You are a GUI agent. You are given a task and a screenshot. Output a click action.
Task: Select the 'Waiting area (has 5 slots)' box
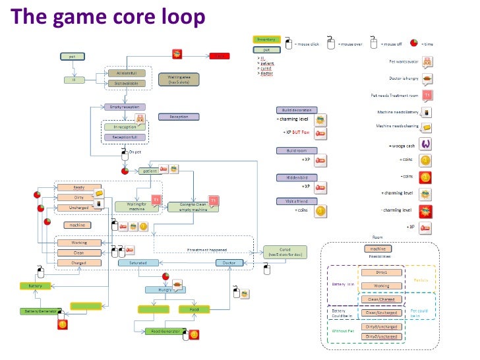[x=179, y=80]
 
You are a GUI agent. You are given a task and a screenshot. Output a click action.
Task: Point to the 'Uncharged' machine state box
[x=78, y=208]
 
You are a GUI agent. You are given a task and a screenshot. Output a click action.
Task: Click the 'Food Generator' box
[x=163, y=331]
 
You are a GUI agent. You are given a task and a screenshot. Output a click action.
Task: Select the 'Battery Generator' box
[x=41, y=311]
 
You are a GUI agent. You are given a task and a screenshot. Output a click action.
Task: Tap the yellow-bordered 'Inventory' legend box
[x=267, y=40]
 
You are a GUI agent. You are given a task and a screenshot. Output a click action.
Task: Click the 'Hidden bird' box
[x=296, y=178]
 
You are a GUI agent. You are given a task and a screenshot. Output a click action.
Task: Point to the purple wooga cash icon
[x=427, y=144]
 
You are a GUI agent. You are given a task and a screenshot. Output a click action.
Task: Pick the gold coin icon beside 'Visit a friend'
[x=320, y=211]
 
